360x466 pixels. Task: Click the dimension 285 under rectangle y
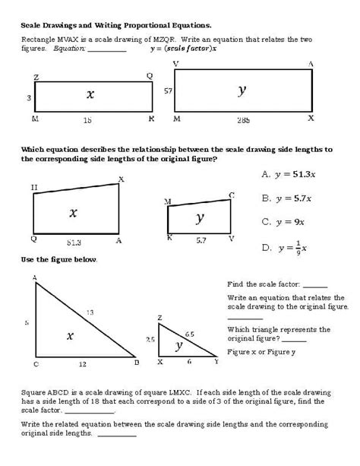pyautogui.click(x=244, y=120)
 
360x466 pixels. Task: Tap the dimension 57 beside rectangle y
pyautogui.click(x=168, y=90)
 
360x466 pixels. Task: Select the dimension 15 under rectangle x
pyautogui.click(x=89, y=120)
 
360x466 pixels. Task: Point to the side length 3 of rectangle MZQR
pyautogui.click(x=28, y=98)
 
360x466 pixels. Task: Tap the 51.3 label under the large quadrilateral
pyautogui.click(x=73, y=242)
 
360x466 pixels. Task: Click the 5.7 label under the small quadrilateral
pyautogui.click(x=201, y=240)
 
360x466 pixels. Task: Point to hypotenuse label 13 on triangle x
pyautogui.click(x=90, y=312)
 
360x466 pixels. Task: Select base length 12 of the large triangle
pyautogui.click(x=82, y=363)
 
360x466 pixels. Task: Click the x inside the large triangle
pyautogui.click(x=70, y=334)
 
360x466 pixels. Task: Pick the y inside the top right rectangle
pyautogui.click(x=242, y=90)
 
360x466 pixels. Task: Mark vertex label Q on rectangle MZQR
pyautogui.click(x=149, y=75)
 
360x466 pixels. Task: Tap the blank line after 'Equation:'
pyautogui.click(x=107, y=51)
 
